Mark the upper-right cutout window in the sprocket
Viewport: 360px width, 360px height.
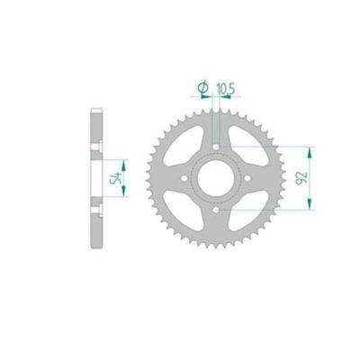tap(247, 146)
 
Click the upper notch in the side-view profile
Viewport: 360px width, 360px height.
tap(96, 146)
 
